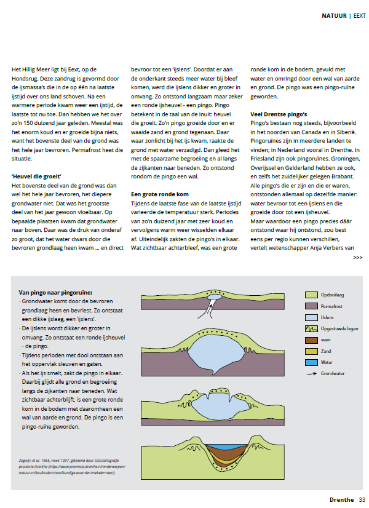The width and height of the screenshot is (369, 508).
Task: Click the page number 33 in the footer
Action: tap(362, 499)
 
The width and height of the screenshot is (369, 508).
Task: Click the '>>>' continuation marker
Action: tap(357, 258)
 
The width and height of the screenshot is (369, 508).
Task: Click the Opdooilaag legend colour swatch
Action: tap(311, 295)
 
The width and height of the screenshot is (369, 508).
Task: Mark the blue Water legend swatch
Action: tap(311, 363)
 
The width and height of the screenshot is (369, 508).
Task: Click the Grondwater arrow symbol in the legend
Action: tap(311, 373)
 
